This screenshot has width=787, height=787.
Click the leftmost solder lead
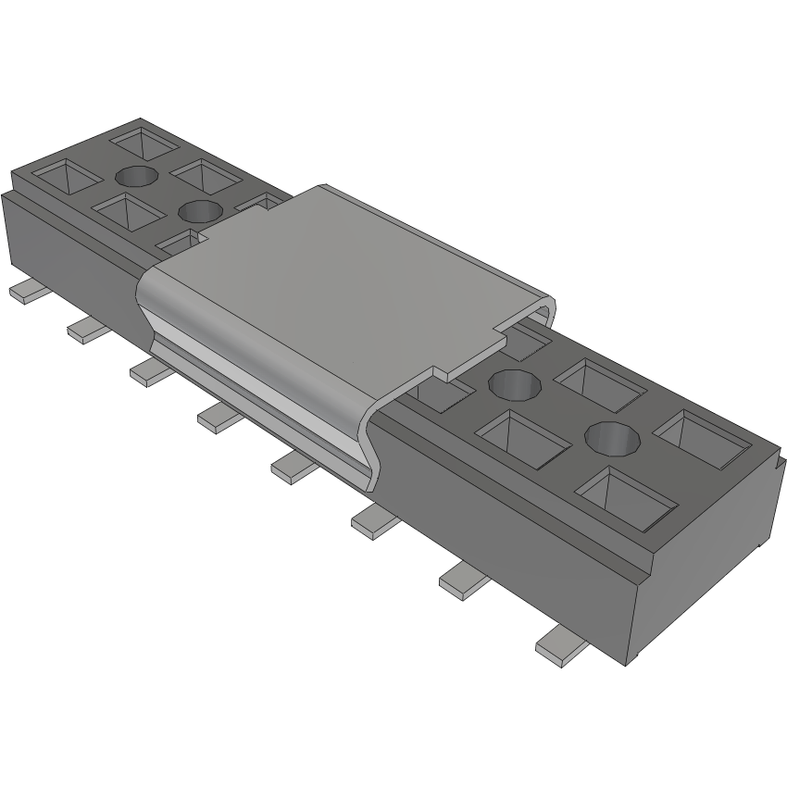point(29,292)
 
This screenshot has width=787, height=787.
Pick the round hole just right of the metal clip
point(513,382)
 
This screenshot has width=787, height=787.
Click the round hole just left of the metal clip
point(200,211)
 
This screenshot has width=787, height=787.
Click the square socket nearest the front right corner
point(625,495)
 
